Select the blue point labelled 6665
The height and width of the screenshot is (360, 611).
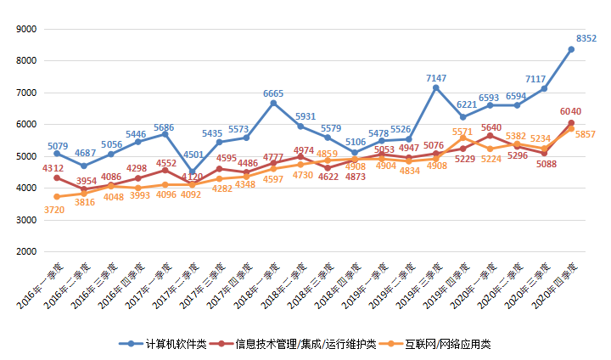click(x=273, y=104)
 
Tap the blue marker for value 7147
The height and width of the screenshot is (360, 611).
click(x=436, y=87)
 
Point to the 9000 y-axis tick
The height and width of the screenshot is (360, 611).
click(x=26, y=29)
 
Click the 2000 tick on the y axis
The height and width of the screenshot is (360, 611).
click(x=26, y=252)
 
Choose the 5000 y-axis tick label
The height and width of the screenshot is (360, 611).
click(x=26, y=156)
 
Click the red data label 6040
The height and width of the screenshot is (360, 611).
click(x=570, y=111)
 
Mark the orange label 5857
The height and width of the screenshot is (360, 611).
click(x=586, y=134)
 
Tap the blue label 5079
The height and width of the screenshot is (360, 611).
click(x=58, y=146)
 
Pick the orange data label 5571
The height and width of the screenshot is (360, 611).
click(x=463, y=132)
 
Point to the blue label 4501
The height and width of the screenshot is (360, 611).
click(x=193, y=155)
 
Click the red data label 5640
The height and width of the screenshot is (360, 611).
click(x=491, y=127)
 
